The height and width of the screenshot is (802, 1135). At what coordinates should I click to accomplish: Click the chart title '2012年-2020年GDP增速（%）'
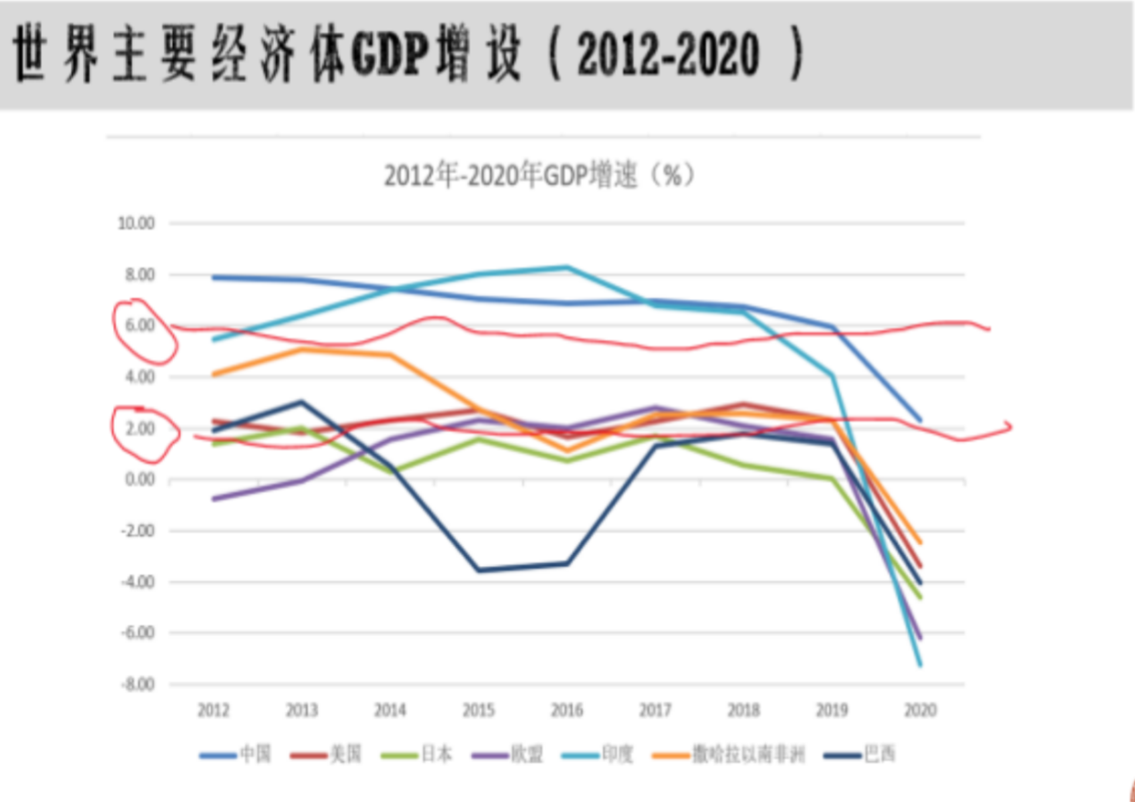click(540, 175)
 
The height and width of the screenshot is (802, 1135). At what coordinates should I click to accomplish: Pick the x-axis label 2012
click(213, 710)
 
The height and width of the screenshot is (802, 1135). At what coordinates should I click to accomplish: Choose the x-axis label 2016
click(566, 710)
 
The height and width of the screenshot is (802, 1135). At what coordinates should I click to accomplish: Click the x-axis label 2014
click(390, 710)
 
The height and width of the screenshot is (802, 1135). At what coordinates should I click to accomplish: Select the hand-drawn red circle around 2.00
click(144, 430)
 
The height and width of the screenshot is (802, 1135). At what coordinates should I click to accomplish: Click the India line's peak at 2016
click(566, 267)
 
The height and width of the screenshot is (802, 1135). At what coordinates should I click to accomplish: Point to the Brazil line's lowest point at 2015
click(478, 571)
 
